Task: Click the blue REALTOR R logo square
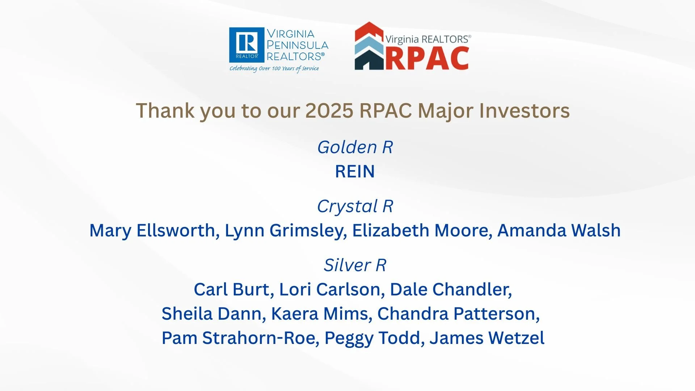247,45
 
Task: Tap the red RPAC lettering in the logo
427,58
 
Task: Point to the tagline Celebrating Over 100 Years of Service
274,68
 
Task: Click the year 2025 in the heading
329,110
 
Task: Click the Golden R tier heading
355,147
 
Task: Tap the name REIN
355,171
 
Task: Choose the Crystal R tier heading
355,206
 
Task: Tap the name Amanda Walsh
559,231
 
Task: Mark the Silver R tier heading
355,265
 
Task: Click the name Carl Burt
233,290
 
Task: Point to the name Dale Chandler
450,290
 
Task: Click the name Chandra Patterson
458,314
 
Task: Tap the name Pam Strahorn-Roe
240,338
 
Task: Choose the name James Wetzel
487,338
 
